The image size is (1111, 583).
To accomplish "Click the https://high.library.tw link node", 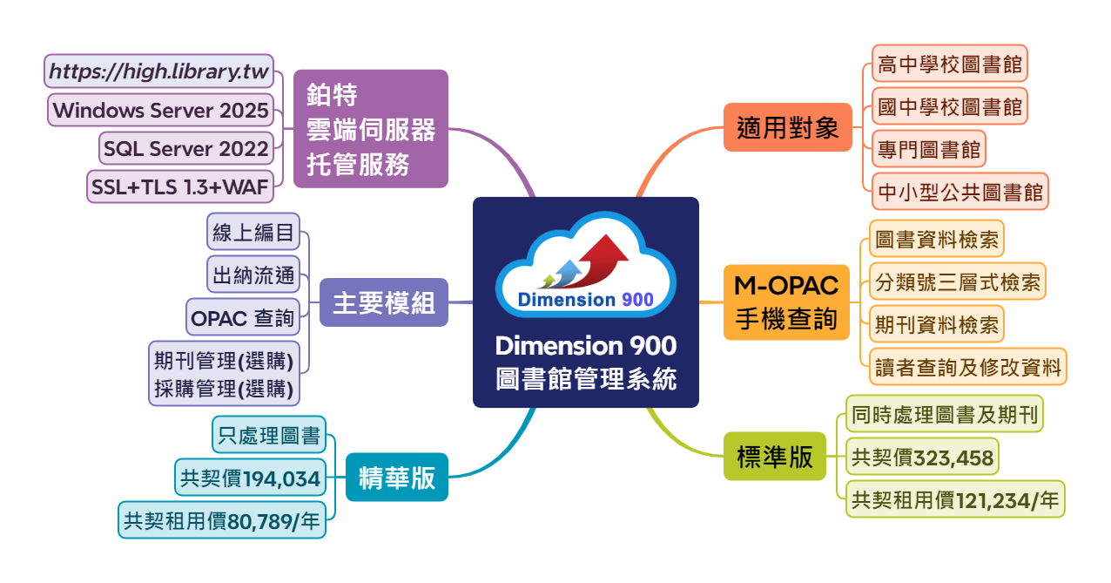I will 159,71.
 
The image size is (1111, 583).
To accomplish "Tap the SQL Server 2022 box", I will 185,149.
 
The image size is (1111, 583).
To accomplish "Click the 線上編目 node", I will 253,234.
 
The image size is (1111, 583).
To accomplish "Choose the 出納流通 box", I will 253,276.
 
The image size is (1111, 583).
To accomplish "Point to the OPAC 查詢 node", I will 243,318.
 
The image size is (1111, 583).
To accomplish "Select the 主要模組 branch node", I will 384,303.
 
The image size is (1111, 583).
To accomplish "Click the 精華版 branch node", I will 397,478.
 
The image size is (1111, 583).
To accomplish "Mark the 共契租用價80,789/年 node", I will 222,520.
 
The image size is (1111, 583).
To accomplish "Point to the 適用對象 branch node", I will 788,128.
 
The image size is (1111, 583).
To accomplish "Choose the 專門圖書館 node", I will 928,149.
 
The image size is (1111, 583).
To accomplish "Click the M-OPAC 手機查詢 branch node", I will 785,302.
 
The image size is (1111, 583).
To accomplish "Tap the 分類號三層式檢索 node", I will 957,281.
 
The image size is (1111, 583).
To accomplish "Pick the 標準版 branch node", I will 775,458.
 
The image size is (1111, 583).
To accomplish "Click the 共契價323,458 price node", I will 922,458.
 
